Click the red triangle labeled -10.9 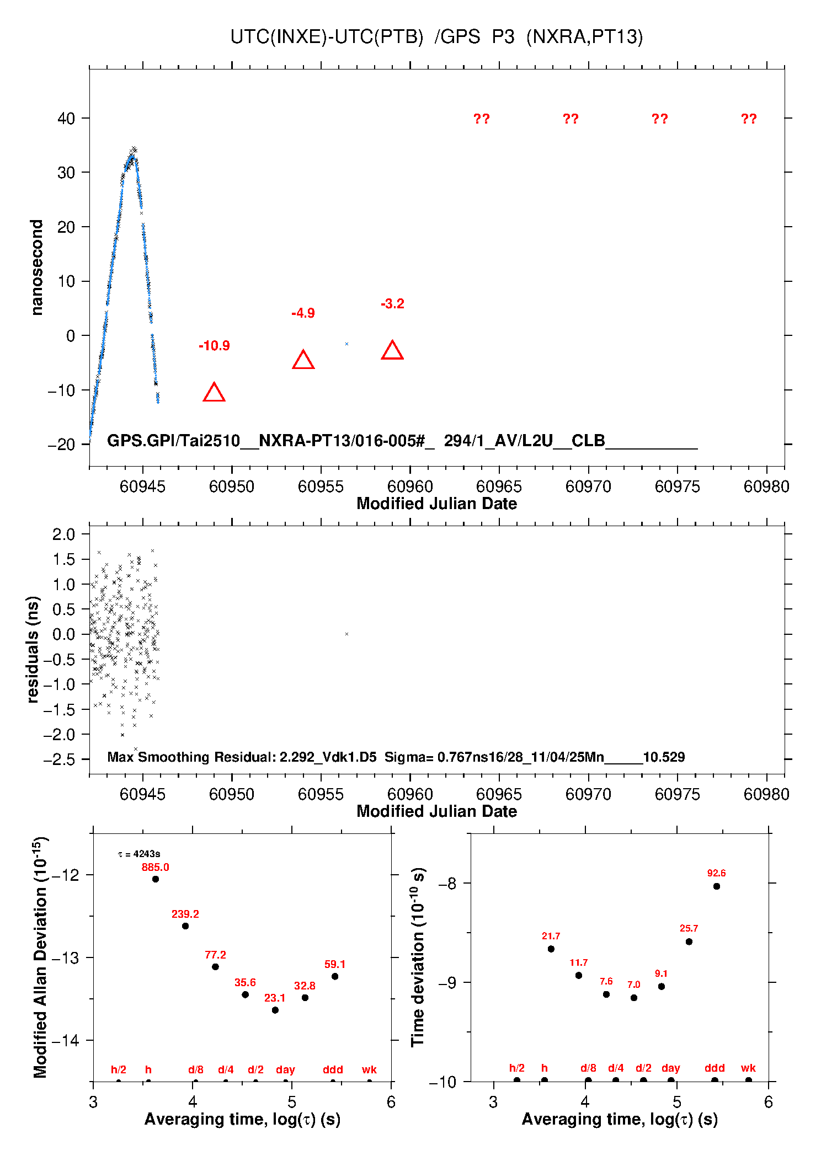pos(214,393)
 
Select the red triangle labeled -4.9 pos(303,361)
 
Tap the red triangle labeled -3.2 pos(392,351)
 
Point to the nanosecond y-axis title pos(37,267)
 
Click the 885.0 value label pos(155,868)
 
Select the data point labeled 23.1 pos(275,1010)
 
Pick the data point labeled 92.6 pos(717,887)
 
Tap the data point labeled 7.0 pos(634,998)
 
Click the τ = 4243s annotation pos(139,854)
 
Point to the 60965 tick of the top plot pos(499,486)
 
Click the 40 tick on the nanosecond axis pos(66,119)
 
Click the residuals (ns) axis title pos(33,650)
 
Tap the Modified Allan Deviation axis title pos(40,957)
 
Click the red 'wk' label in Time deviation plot pos(748,1068)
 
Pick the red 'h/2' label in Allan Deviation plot pos(119,1070)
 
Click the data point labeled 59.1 pos(335,977)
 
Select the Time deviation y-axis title pos(418,957)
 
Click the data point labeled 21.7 pos(551,949)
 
